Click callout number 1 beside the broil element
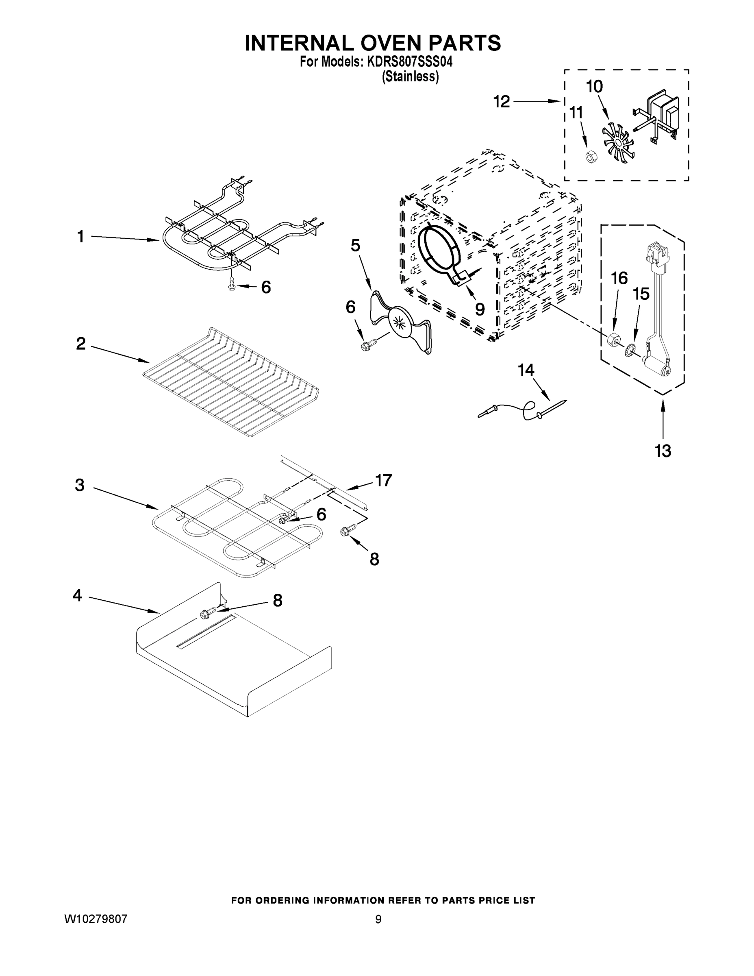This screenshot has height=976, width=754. (x=80, y=236)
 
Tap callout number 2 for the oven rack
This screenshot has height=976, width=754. (x=80, y=343)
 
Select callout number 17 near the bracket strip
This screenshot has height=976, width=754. (x=383, y=480)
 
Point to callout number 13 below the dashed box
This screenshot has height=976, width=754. (x=663, y=451)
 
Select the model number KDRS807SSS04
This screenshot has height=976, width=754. (x=410, y=62)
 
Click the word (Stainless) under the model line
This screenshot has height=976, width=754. (x=410, y=77)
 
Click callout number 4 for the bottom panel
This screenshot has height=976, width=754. (x=77, y=595)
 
